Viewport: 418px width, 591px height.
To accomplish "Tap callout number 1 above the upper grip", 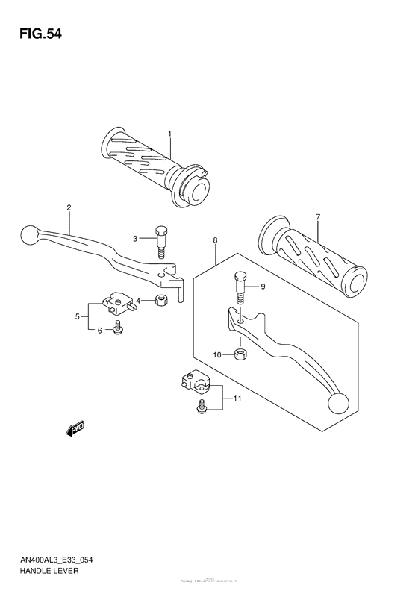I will [x=169, y=134].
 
